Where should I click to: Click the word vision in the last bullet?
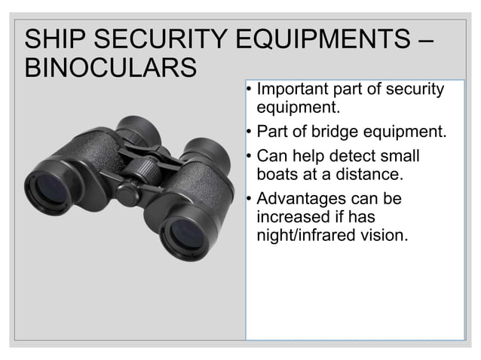(387, 235)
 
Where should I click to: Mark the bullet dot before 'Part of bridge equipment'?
(250, 133)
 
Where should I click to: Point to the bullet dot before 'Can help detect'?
(250, 157)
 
